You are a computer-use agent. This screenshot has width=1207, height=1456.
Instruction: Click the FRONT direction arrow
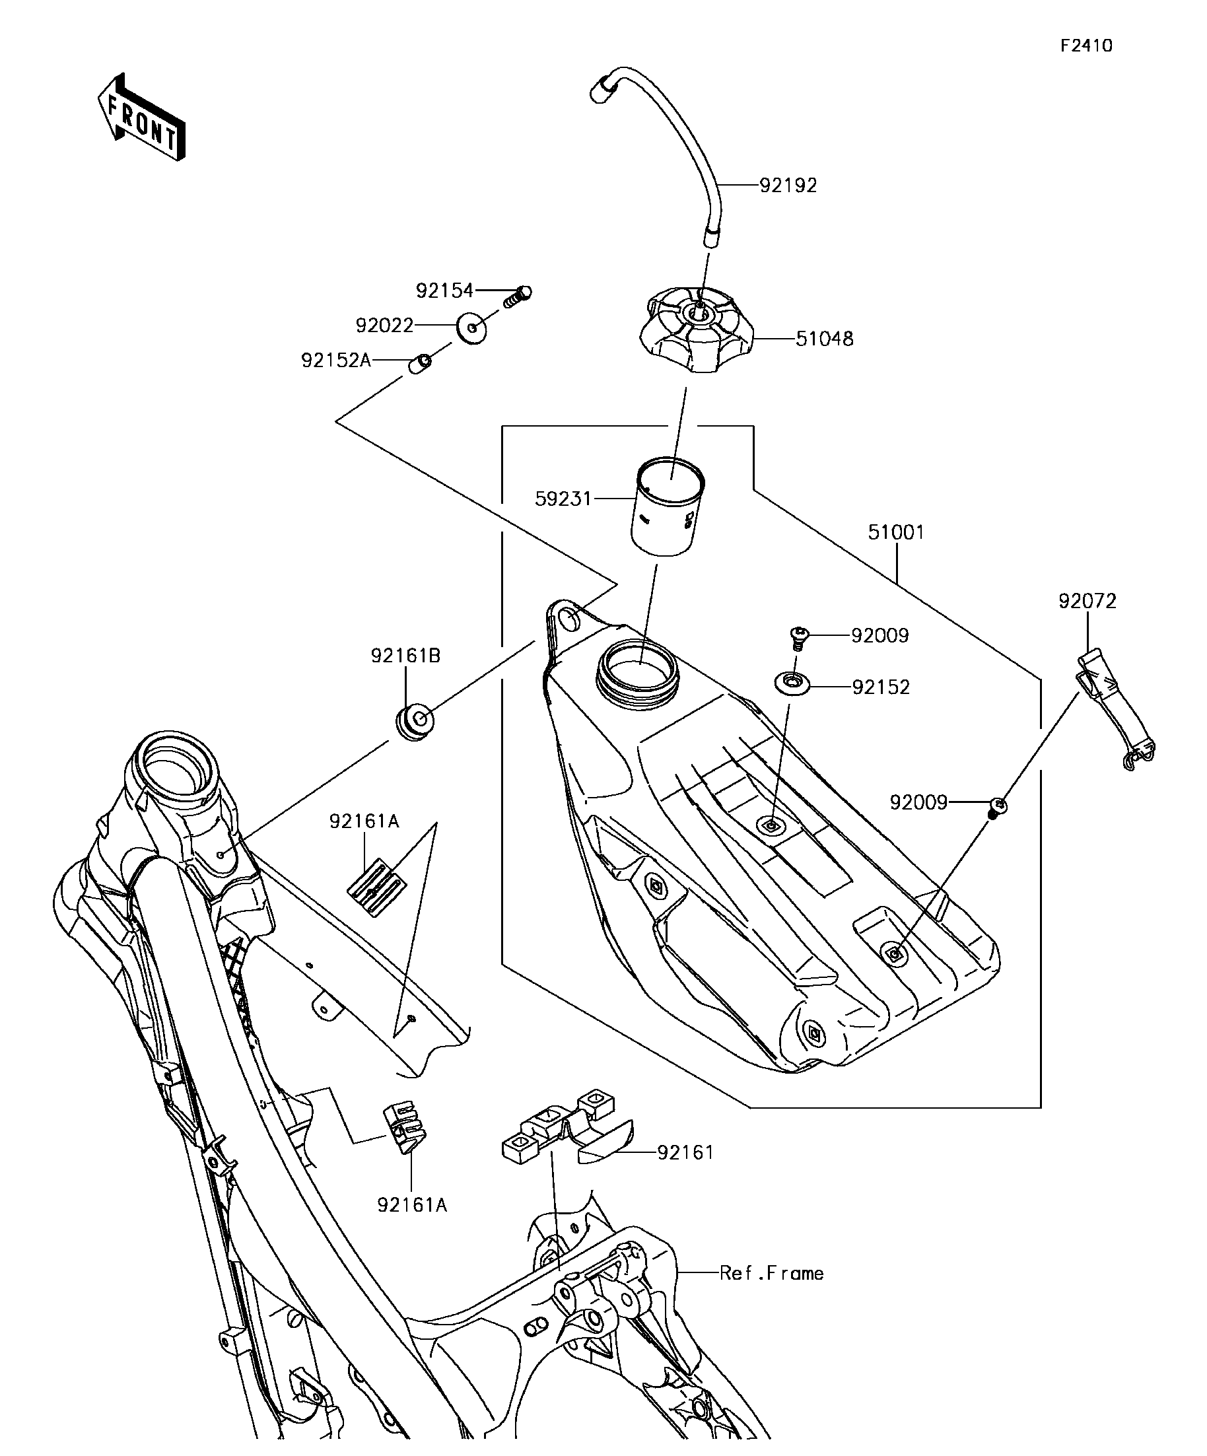click(141, 118)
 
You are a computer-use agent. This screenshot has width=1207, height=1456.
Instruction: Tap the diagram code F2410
click(1086, 46)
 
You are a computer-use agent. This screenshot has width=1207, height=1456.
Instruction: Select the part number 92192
click(788, 185)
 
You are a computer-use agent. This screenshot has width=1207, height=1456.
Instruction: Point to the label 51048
click(824, 339)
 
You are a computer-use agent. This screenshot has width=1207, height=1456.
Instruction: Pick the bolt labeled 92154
click(516, 296)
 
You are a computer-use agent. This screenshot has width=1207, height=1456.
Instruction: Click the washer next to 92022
click(471, 328)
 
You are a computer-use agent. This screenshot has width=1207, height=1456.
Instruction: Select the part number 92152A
click(336, 361)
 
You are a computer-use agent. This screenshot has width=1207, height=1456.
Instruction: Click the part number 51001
click(897, 532)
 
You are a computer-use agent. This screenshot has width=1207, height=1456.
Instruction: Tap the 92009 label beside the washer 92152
click(879, 636)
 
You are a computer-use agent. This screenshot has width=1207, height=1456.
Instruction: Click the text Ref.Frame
click(772, 1273)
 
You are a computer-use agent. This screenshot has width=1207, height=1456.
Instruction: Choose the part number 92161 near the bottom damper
click(685, 1152)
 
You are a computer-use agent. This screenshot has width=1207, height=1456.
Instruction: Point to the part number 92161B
click(405, 655)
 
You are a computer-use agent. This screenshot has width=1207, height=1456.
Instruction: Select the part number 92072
click(1087, 601)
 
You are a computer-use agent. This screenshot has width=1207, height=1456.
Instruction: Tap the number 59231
click(564, 499)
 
